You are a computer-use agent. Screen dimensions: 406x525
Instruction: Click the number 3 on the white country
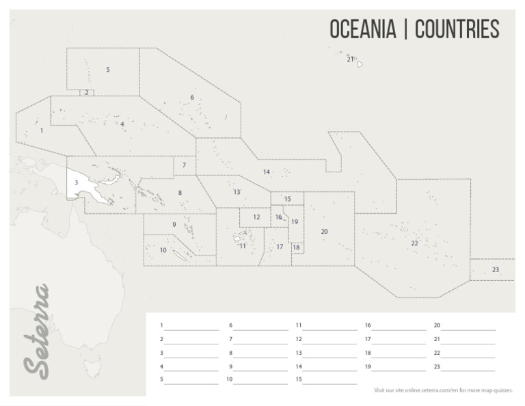click(76, 182)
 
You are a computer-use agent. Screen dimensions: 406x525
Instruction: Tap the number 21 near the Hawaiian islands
click(350, 59)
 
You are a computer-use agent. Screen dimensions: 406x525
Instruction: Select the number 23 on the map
click(495, 270)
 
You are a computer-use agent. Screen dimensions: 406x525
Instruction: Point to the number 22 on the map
click(414, 243)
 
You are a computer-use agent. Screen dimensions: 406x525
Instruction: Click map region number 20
click(324, 232)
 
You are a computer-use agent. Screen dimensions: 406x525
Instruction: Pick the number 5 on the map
click(108, 70)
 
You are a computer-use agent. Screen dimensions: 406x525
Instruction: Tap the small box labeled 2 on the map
click(86, 92)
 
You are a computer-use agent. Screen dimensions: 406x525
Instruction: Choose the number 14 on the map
click(267, 172)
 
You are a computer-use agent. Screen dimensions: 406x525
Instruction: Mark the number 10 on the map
click(163, 250)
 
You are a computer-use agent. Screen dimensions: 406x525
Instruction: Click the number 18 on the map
click(296, 247)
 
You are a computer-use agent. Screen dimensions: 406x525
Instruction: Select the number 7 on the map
click(184, 165)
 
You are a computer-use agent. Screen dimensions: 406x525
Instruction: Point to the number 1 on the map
click(42, 130)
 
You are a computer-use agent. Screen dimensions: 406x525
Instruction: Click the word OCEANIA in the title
click(362, 29)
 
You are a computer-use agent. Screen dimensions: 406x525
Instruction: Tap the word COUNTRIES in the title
click(457, 29)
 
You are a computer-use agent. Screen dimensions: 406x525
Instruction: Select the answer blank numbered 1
click(191, 326)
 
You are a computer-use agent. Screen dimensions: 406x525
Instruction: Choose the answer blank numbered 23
click(468, 367)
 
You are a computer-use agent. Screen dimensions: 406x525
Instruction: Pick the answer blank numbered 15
click(329, 380)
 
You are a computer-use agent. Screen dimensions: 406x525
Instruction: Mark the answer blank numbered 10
click(260, 380)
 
